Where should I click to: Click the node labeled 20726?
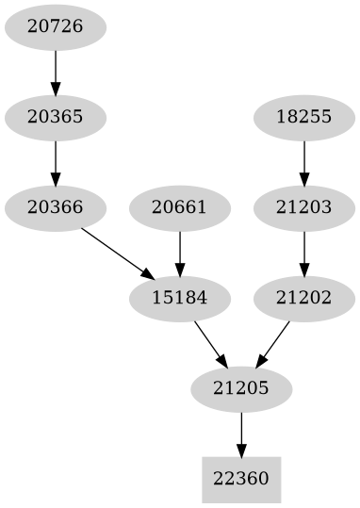click(x=56, y=26)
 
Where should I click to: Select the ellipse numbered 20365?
click(x=56, y=118)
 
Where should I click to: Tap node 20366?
click(x=56, y=207)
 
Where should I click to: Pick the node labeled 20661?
click(x=179, y=207)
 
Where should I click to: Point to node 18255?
click(x=304, y=118)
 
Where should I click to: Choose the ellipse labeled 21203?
click(x=304, y=207)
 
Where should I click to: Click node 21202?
click(x=304, y=298)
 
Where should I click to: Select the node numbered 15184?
click(x=179, y=298)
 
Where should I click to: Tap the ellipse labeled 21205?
click(x=241, y=388)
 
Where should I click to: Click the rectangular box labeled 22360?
click(x=241, y=479)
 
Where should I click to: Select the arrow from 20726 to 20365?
click(x=56, y=72)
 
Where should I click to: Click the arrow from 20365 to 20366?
click(x=56, y=162)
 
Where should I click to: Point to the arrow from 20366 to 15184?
click(x=118, y=253)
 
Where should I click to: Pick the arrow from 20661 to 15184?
click(x=179, y=253)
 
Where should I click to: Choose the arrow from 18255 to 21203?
click(x=304, y=162)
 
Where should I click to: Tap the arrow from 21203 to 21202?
click(x=304, y=253)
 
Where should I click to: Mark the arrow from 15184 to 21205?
click(x=210, y=343)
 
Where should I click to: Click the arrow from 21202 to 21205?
click(x=273, y=343)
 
